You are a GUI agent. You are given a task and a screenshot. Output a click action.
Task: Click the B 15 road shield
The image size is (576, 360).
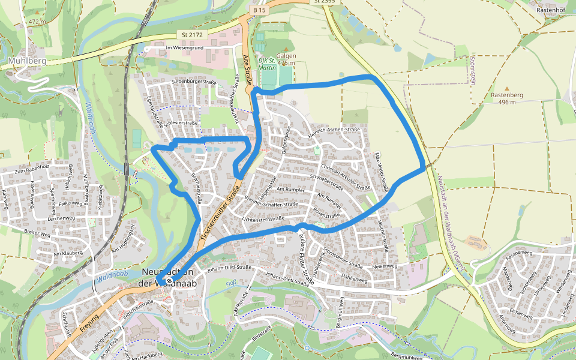pos(259,10)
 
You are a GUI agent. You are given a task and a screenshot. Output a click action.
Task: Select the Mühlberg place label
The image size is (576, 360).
pos(24,61)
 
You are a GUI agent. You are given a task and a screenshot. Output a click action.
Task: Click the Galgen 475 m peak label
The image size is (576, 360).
pos(286,59)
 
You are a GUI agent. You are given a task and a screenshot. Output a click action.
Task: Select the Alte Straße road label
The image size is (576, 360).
pos(248,70)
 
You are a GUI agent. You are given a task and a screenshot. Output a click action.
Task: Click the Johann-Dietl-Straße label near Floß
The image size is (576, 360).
pos(290,278)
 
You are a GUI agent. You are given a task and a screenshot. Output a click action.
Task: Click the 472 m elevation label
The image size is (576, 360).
pos(37,22)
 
